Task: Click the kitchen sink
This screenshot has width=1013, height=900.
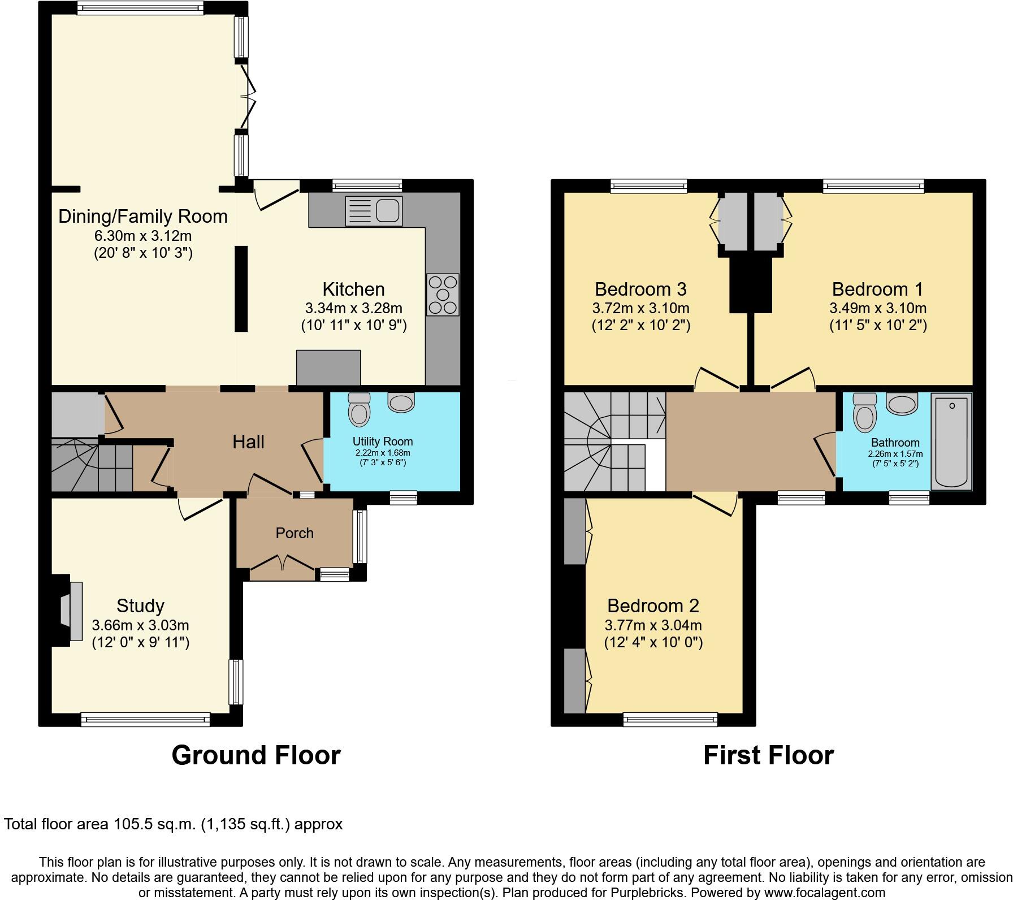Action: point(374,211)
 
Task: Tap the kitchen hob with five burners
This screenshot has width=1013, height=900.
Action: point(443,294)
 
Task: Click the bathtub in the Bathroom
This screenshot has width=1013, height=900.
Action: point(951,441)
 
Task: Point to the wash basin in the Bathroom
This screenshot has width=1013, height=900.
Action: point(902,404)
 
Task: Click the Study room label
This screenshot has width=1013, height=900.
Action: point(140,605)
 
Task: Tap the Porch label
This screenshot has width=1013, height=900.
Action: point(295,533)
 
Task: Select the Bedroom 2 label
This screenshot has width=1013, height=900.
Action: point(653,605)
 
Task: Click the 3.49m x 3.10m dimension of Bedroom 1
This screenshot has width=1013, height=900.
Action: point(877,308)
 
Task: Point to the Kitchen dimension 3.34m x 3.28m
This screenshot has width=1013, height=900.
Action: point(353,308)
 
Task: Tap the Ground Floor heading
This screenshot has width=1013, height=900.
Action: point(256,755)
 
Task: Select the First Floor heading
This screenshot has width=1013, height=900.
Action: point(768,755)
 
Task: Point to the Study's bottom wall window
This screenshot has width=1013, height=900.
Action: point(145,719)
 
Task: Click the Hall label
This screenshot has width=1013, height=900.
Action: point(248,442)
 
